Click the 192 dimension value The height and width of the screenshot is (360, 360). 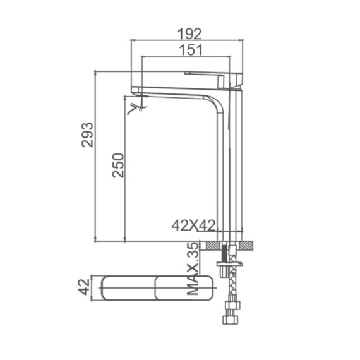188,33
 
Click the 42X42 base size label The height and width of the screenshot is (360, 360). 193,225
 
